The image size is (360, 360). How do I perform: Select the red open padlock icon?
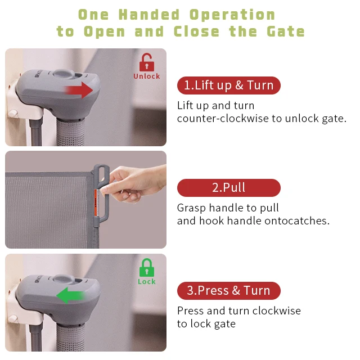[146, 61]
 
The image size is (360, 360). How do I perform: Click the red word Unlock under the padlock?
[146, 76]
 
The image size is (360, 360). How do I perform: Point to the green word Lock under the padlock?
[146, 282]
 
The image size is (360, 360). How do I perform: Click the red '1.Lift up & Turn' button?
[228, 85]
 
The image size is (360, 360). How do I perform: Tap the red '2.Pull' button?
[228, 187]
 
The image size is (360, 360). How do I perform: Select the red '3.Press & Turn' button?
[228, 291]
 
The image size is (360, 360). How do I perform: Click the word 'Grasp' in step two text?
[192, 208]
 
